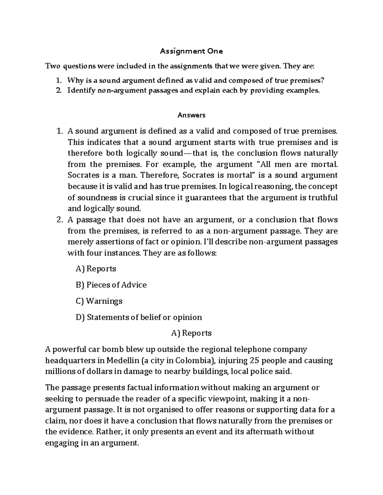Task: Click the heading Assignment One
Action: [x=191, y=51]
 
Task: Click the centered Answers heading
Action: [x=191, y=115]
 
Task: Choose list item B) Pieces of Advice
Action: [x=111, y=285]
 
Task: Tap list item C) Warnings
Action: [x=99, y=301]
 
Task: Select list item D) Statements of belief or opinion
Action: [x=139, y=317]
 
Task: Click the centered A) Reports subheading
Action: [x=191, y=333]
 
